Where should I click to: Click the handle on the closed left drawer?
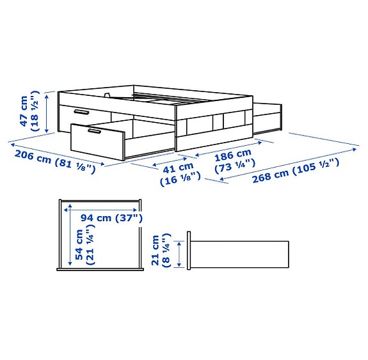tap(81, 111)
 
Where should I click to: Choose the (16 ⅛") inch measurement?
tap(179, 182)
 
